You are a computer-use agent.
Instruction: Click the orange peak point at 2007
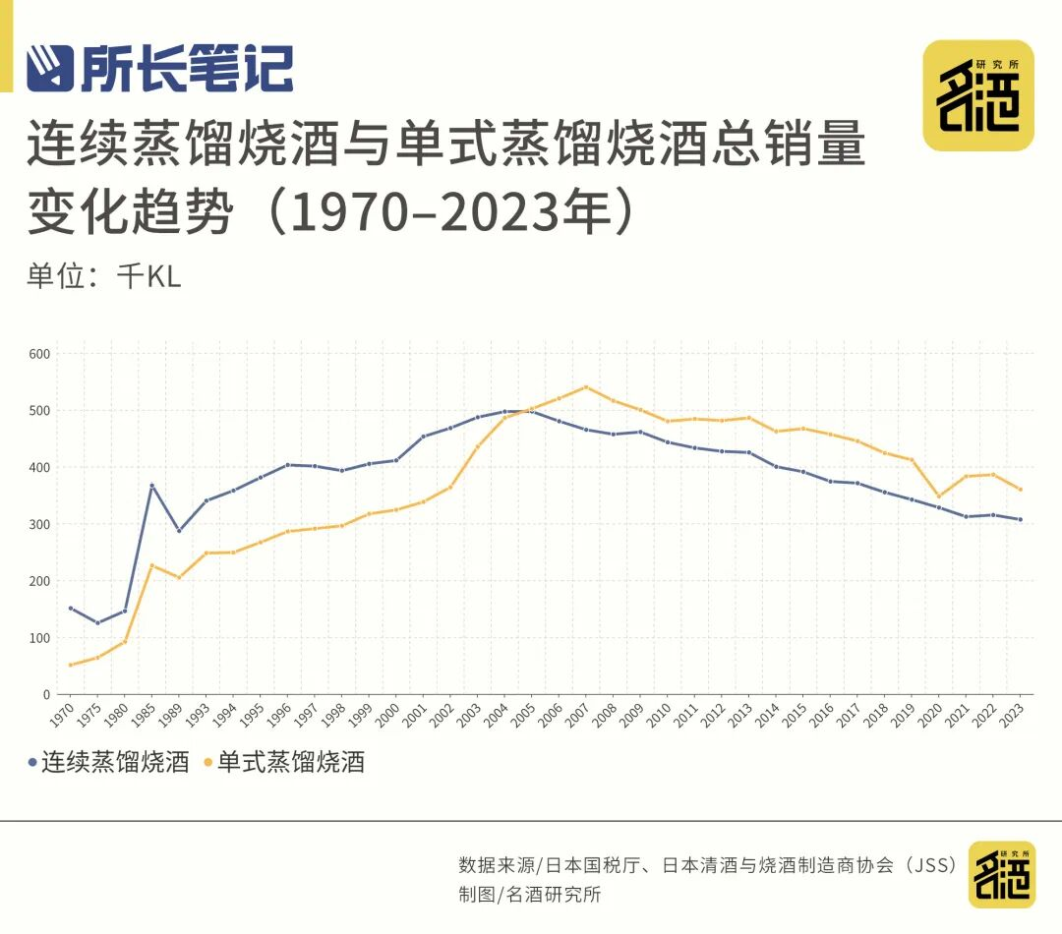tap(586, 387)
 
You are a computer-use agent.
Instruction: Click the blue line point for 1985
tap(151, 485)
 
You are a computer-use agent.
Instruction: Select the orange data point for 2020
tap(939, 496)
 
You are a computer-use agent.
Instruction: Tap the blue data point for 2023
tap(1020, 519)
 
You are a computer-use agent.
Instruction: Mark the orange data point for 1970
tap(71, 666)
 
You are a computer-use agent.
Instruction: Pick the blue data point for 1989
tap(179, 531)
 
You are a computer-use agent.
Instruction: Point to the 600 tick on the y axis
tap(39, 354)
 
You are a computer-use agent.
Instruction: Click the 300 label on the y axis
tap(39, 524)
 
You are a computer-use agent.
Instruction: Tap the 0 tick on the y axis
tap(46, 695)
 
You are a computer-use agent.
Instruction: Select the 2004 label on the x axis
tap(496, 715)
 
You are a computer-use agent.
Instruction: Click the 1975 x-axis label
tap(88, 715)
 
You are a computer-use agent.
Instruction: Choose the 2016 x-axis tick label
tap(821, 715)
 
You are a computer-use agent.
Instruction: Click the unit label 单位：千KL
tap(104, 276)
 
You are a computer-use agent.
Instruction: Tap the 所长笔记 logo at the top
tap(160, 68)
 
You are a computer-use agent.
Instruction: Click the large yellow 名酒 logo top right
tap(978, 95)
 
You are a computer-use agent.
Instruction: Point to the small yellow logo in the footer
tap(1002, 874)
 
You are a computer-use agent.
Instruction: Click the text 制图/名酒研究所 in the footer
tap(530, 895)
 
